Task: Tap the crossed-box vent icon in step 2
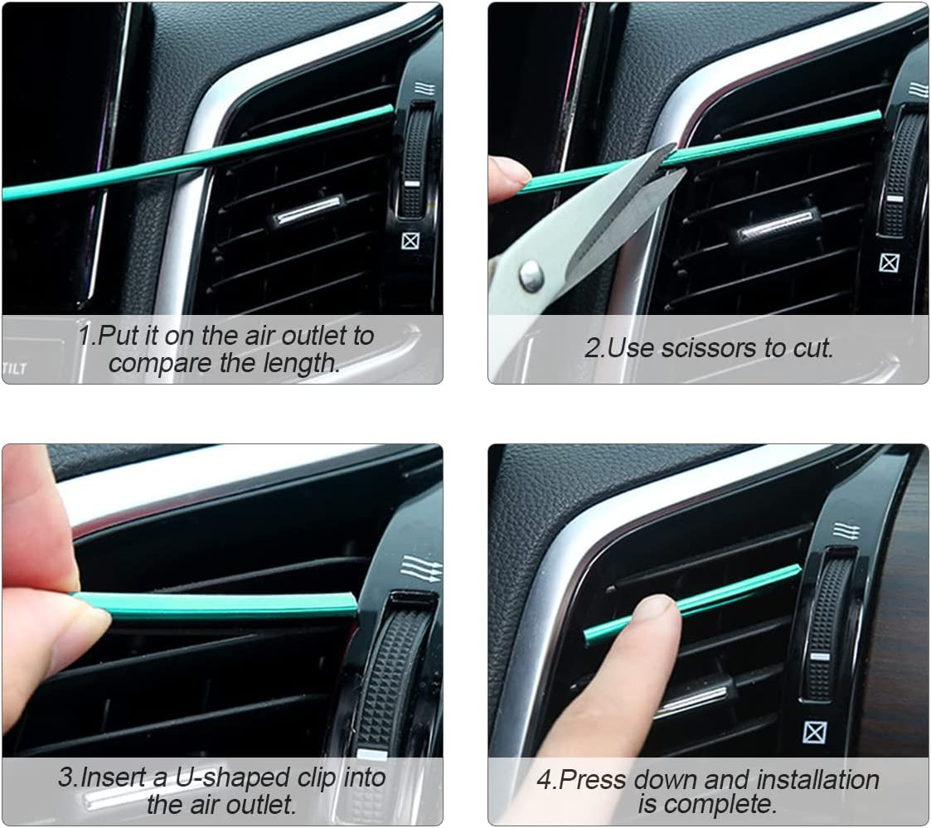890,263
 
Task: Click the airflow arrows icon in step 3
420,569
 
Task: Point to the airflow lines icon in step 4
845,530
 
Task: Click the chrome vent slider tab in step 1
308,211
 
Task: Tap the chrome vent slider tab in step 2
776,225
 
